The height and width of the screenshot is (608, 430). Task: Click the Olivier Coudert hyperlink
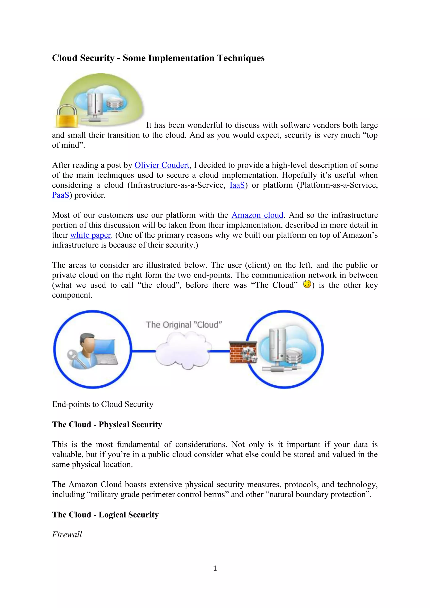pos(162,165)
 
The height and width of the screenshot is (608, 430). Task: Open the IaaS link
pos(237,185)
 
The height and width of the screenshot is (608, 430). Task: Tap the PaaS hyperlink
pos(61,195)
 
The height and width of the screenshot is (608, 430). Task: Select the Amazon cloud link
pos(257,215)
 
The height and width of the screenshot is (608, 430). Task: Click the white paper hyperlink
pos(90,235)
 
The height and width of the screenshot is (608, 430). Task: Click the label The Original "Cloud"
pos(184,325)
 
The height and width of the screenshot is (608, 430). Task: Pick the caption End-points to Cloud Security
pos(103,404)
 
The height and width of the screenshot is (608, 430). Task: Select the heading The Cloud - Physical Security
pos(107,425)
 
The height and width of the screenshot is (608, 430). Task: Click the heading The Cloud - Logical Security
pos(105,515)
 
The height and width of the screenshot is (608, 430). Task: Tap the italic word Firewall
pos(67,534)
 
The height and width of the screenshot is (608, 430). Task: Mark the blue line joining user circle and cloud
pos(144,351)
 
